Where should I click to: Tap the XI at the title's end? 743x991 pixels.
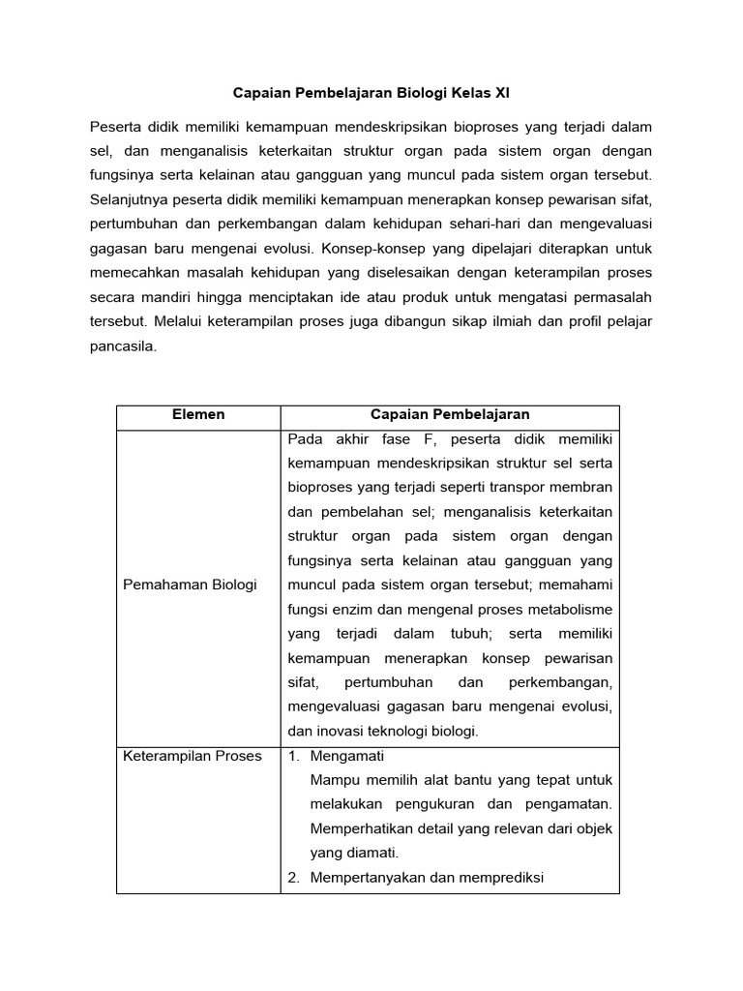pyautogui.click(x=500, y=94)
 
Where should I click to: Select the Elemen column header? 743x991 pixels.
pyautogui.click(x=198, y=414)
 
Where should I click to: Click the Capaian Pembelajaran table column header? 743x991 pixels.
pyautogui.click(x=450, y=414)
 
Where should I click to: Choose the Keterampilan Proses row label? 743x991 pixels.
pyautogui.click(x=193, y=756)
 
